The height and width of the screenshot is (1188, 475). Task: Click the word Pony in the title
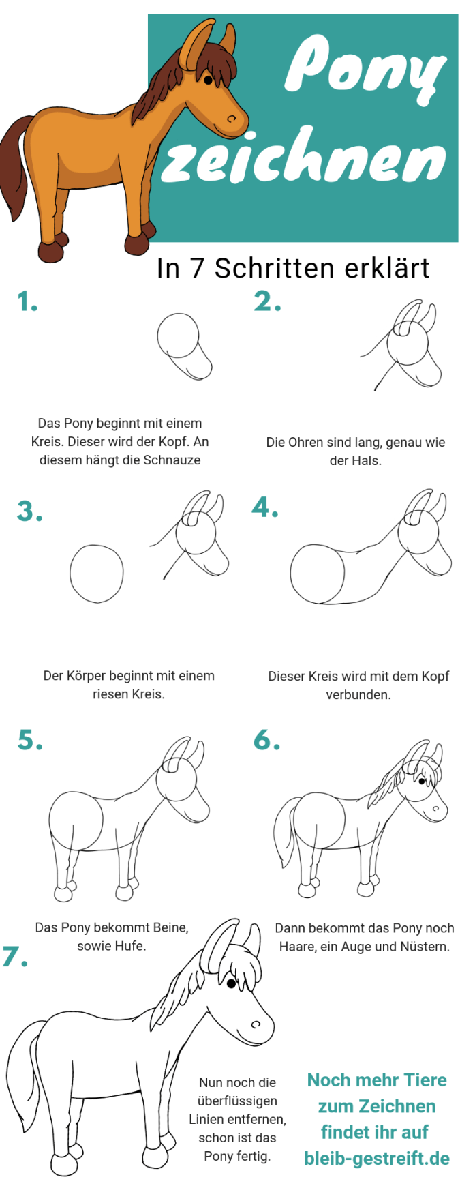365,68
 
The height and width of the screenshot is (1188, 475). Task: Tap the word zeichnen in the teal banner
304,157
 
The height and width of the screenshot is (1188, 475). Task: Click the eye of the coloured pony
209,80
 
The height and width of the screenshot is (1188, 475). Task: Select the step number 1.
27,301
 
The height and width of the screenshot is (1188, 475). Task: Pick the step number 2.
267,301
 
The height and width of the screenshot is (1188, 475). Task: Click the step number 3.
30,511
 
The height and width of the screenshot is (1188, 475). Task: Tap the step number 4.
265,507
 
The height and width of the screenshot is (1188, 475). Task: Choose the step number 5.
30,740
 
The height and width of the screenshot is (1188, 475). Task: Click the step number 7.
15,956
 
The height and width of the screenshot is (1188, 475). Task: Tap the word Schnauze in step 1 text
172,460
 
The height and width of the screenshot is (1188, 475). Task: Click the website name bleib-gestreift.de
377,1158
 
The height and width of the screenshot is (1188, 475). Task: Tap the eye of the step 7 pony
231,983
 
